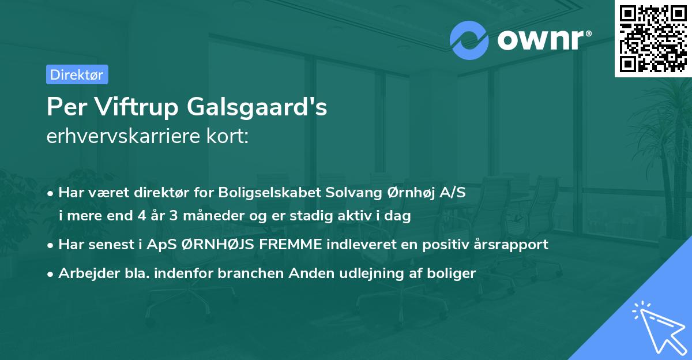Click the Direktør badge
(x=77, y=74)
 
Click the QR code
(x=653, y=38)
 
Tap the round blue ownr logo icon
(x=469, y=40)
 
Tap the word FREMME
(x=292, y=244)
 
